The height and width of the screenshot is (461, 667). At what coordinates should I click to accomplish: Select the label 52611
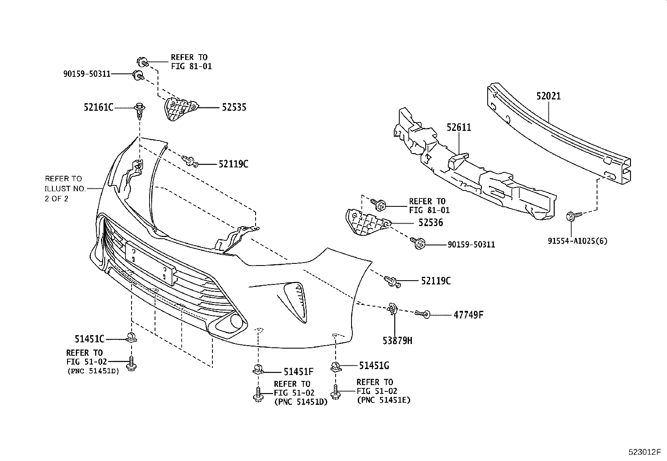click(459, 127)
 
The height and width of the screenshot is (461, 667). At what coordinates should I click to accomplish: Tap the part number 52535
click(234, 107)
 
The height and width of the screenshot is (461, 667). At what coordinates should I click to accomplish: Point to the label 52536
click(430, 223)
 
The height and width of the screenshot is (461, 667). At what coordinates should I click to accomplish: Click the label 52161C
click(98, 108)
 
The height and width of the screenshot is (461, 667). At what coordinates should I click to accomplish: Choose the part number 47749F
click(468, 314)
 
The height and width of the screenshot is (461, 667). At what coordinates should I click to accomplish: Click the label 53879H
click(397, 341)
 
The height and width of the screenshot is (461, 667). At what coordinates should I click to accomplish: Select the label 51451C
click(90, 339)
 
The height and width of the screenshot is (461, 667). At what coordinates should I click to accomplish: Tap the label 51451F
click(299, 371)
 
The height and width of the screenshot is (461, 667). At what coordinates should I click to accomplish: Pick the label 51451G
click(374, 366)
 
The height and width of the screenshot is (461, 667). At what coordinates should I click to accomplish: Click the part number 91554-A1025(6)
click(578, 241)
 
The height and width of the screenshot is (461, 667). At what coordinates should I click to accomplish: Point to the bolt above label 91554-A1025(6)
click(573, 216)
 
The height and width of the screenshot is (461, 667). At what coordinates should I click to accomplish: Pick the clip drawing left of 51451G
click(335, 367)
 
